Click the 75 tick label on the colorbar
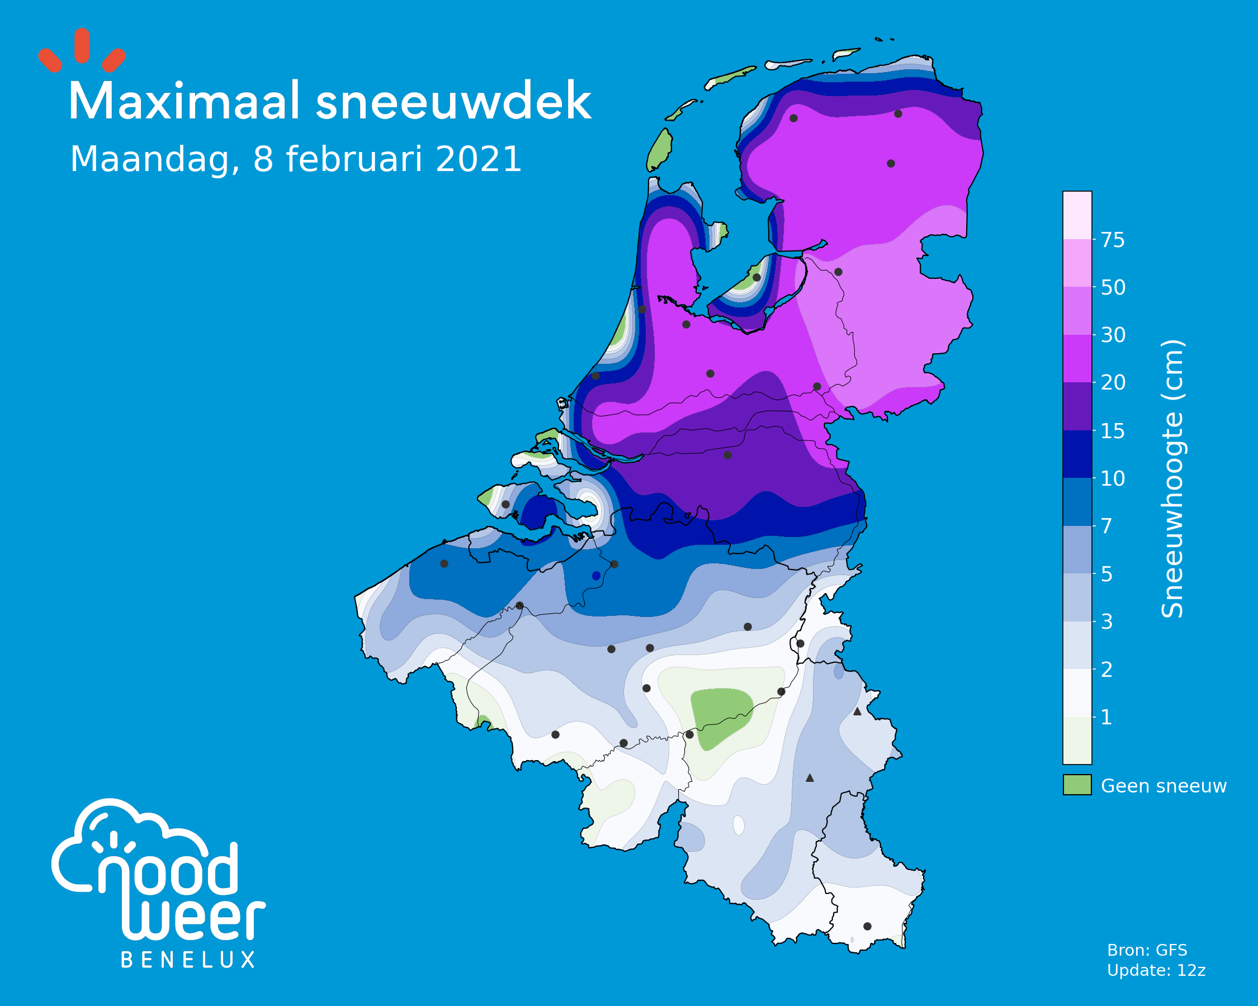[x=1113, y=240]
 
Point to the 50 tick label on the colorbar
[x=1113, y=287]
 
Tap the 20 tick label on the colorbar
[x=1113, y=383]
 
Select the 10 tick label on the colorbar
[x=1113, y=478]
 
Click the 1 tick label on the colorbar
[x=1106, y=716]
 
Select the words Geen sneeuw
[x=1164, y=786]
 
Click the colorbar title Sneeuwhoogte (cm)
[x=1172, y=478]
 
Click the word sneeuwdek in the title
[x=454, y=101]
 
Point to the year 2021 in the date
[x=479, y=159]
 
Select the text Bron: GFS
[x=1147, y=950]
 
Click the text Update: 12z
[x=1156, y=970]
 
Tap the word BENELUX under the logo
[x=188, y=960]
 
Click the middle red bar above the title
[x=82, y=45]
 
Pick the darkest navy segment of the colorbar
[x=1077, y=454]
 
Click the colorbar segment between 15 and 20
[x=1077, y=406]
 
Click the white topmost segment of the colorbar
[x=1077, y=215]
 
